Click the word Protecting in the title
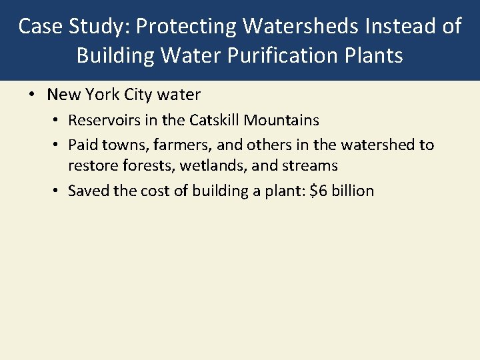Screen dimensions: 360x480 183,27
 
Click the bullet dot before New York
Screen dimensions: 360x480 32,95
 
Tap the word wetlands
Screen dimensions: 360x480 203,165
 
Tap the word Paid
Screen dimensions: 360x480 83,145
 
